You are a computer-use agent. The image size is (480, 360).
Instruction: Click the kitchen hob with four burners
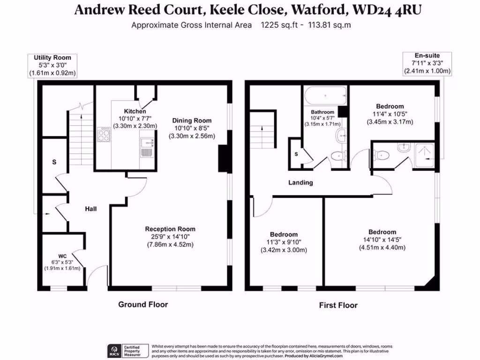pos(104,135)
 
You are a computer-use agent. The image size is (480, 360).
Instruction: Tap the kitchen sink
pos(147,148)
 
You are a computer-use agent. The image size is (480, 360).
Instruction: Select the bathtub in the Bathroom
pos(326,96)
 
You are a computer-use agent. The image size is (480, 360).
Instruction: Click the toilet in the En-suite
pos(381,155)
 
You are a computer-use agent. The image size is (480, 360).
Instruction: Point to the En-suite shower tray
pos(424,156)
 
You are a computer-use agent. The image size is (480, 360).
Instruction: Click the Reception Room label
pos(170,229)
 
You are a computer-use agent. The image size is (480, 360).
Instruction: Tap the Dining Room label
pos(192,120)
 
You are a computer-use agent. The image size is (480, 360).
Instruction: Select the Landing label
pos(300,183)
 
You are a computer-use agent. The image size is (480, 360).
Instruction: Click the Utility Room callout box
pos(52,66)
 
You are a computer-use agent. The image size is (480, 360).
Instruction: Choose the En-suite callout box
pos(427,64)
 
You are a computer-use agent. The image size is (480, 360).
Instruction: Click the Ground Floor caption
pos(143,305)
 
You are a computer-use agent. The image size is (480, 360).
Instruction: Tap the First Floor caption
pos(338,305)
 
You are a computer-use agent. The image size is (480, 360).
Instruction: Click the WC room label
pos(62,256)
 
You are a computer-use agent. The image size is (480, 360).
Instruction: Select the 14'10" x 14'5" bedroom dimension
pos(382,240)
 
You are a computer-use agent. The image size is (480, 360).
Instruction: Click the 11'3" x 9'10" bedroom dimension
pos(284,242)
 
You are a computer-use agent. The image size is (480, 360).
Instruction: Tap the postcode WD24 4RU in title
pos(387,9)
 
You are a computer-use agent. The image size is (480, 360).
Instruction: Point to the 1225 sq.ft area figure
pos(279,25)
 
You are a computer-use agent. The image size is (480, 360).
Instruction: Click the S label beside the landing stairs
pos(296,154)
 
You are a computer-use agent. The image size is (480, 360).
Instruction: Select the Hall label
pos(90,209)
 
